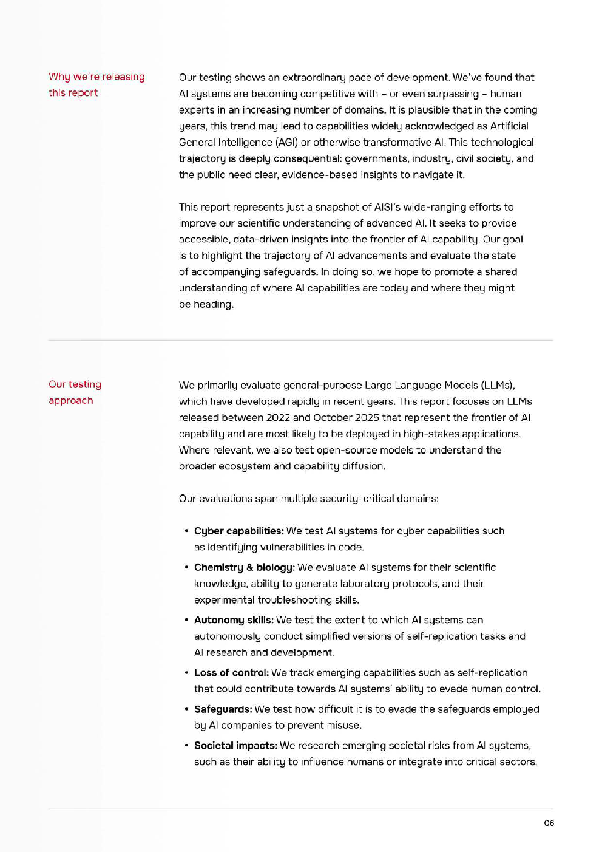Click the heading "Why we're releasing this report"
(96, 84)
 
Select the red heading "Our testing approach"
(75, 392)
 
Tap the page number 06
(549, 823)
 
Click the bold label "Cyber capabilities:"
(238, 531)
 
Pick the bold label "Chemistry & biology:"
(244, 568)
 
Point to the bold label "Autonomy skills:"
(234, 620)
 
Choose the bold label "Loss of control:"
(231, 673)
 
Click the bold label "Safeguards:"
(223, 709)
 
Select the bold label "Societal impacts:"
(235, 746)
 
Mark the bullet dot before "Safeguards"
(186, 709)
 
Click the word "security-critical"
(357, 499)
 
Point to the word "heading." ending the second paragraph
(214, 305)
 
